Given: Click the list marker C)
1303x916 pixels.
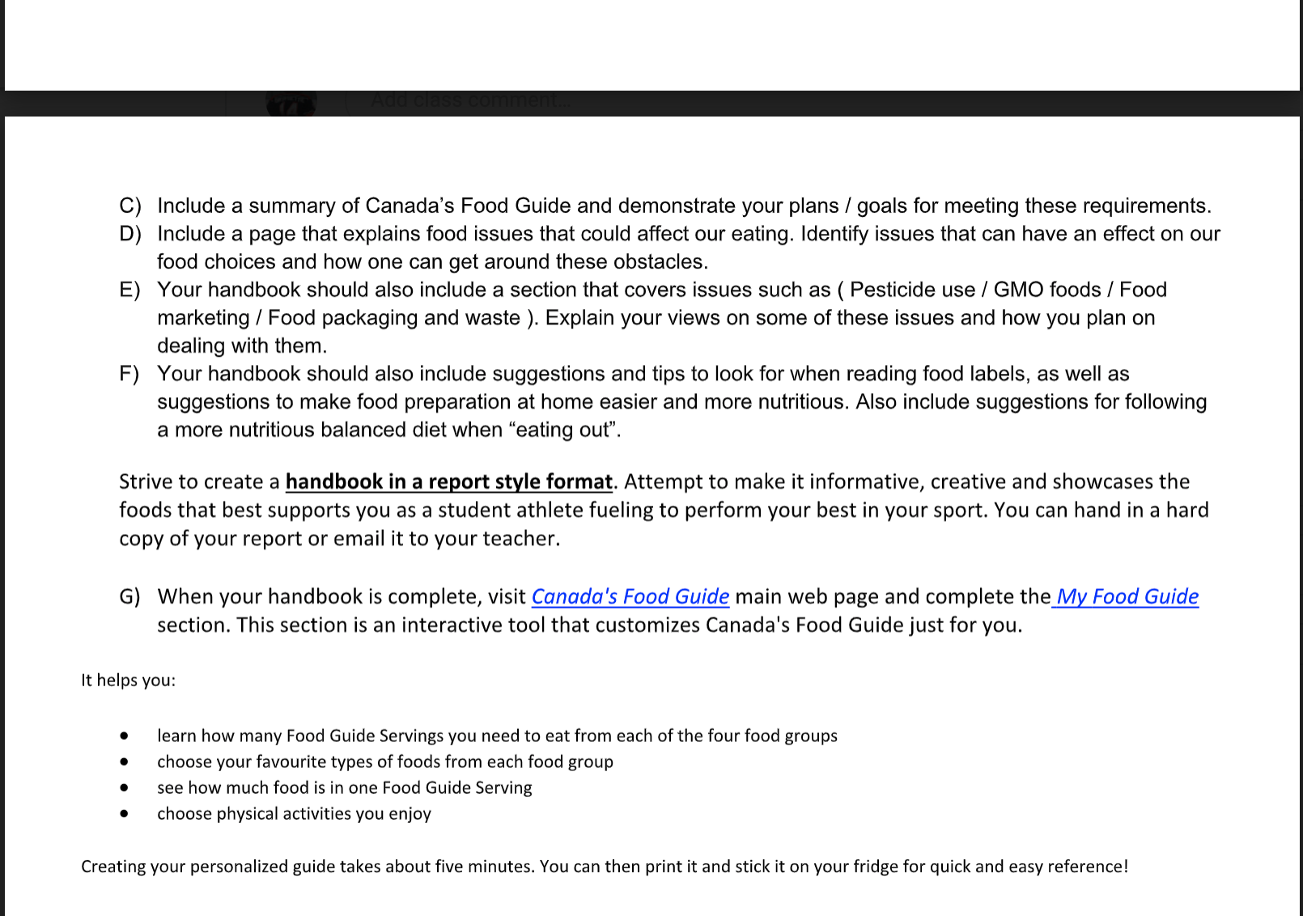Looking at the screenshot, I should click(x=129, y=206).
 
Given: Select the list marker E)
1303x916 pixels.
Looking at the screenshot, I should click(x=129, y=290).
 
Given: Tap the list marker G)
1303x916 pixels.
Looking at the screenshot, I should click(x=129, y=597).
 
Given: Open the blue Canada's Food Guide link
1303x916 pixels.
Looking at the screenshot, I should click(x=630, y=597).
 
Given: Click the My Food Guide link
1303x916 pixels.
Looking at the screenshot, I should click(x=1127, y=597).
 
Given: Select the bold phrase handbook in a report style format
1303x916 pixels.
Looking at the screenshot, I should click(x=448, y=482).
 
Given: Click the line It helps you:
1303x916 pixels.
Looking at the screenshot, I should click(x=128, y=681).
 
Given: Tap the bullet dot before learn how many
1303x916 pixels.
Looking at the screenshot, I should click(x=124, y=736).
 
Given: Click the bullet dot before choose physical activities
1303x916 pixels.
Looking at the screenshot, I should click(x=124, y=814).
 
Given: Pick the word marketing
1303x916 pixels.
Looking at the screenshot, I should click(x=203, y=318).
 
